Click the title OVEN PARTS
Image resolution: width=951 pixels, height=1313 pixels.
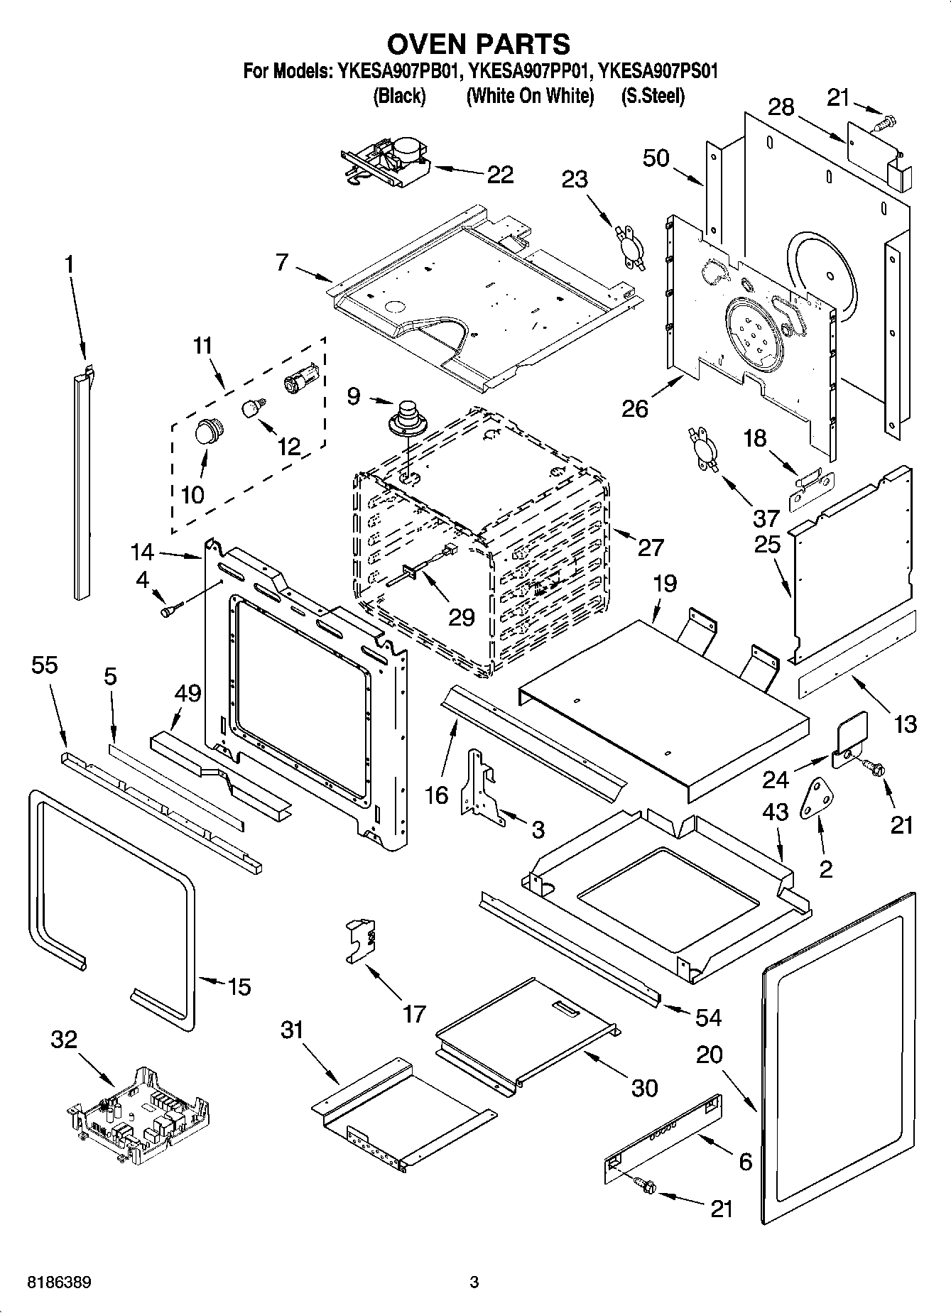tap(477, 44)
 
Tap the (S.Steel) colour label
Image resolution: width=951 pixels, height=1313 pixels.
tap(653, 96)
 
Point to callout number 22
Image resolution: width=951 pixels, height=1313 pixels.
tap(500, 174)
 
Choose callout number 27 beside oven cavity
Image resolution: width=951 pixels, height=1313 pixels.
tap(650, 547)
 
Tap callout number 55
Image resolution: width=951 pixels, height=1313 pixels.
tap(45, 665)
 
